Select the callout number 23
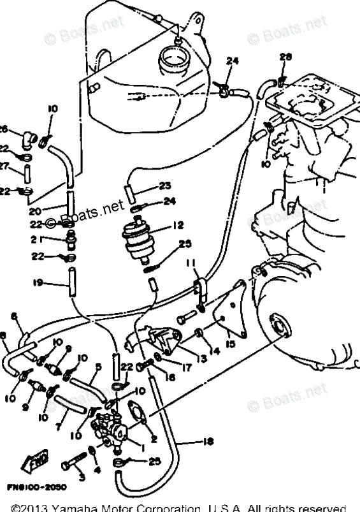click(x=165, y=186)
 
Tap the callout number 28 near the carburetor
click(x=285, y=57)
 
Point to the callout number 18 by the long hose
click(x=192, y=441)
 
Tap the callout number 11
click(x=190, y=263)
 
